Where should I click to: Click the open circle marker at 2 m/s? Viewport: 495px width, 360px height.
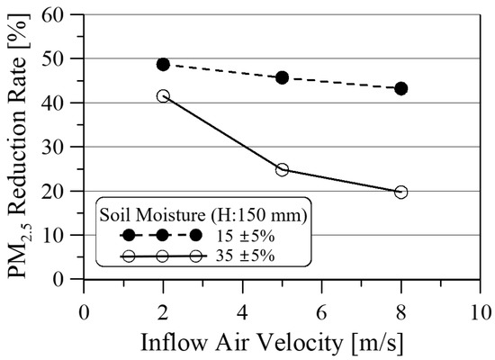click(x=163, y=95)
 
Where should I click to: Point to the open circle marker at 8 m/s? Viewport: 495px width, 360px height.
click(x=400, y=192)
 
